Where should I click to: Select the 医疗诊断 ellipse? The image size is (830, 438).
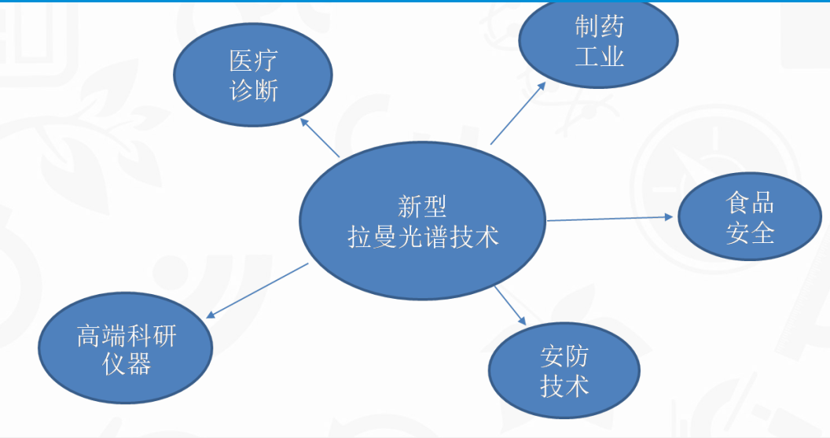(253, 75)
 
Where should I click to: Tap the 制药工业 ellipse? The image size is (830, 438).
(599, 42)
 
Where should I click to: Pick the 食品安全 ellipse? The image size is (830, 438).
(749, 219)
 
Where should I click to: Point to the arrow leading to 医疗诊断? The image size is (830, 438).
(321, 138)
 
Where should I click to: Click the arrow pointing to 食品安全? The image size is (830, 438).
(610, 218)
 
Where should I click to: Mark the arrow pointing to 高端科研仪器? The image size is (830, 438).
(256, 290)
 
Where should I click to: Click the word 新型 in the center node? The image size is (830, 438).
(423, 206)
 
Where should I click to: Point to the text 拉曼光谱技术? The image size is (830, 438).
(423, 235)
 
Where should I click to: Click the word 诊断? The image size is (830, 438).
(253, 90)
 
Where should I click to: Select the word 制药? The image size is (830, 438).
(599, 28)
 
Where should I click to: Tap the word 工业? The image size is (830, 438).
(599, 56)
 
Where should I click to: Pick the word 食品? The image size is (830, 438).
(749, 204)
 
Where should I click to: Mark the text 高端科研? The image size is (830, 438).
(127, 336)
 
